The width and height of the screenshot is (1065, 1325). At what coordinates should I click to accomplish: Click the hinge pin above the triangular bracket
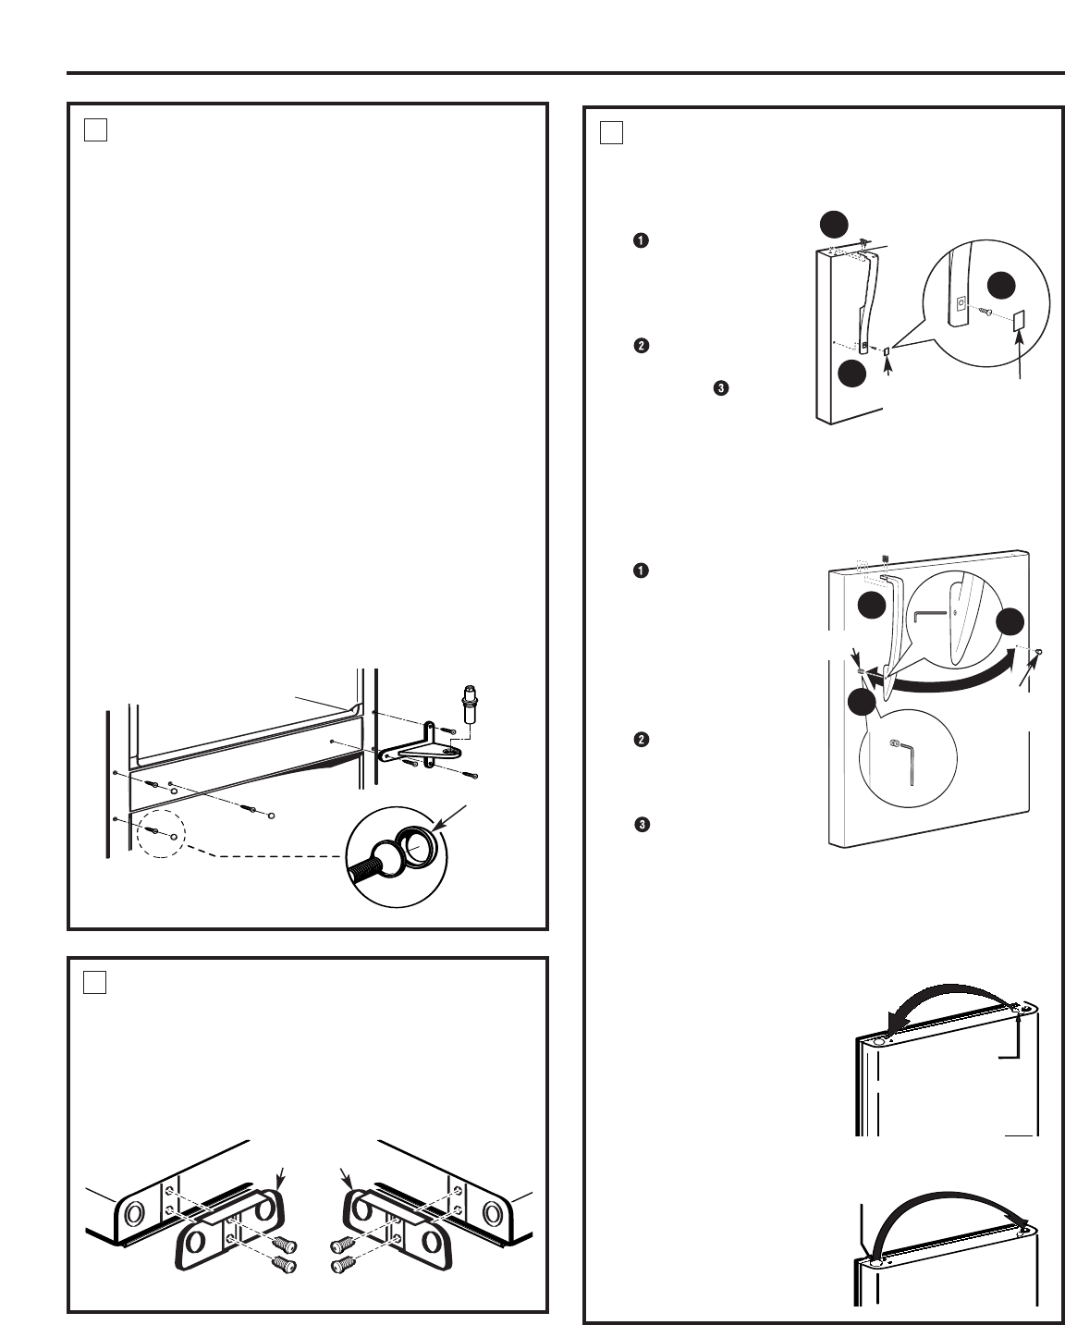tap(471, 699)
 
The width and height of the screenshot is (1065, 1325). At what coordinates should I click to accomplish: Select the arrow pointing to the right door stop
tap(349, 1177)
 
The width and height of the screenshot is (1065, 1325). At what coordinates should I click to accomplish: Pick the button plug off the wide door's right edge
tap(1039, 651)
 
